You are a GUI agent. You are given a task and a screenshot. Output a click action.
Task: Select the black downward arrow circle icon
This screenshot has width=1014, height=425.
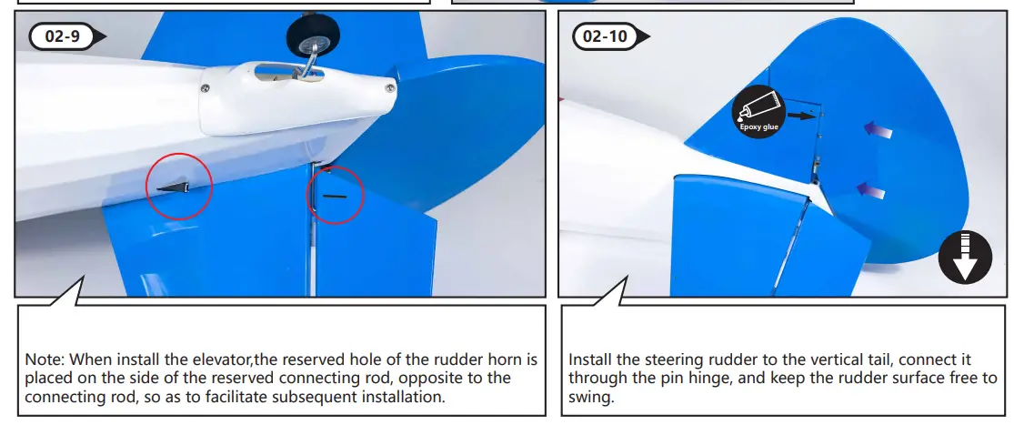point(963,255)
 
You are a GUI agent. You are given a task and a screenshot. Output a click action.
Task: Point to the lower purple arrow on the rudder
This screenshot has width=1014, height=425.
point(871,189)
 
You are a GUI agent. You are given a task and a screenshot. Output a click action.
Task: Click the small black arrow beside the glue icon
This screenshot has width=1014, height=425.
point(800,116)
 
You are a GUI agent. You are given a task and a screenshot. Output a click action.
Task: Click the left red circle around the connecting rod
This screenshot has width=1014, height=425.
point(178,186)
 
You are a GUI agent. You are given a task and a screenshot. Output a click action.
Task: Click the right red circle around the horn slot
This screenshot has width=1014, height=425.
point(336,195)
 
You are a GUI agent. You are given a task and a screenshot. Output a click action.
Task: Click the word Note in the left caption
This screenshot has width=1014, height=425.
point(44,359)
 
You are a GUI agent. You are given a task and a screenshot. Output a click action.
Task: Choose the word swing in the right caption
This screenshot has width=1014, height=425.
point(590,396)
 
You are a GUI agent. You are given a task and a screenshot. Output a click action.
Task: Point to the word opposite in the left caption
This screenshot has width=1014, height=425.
point(434,378)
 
